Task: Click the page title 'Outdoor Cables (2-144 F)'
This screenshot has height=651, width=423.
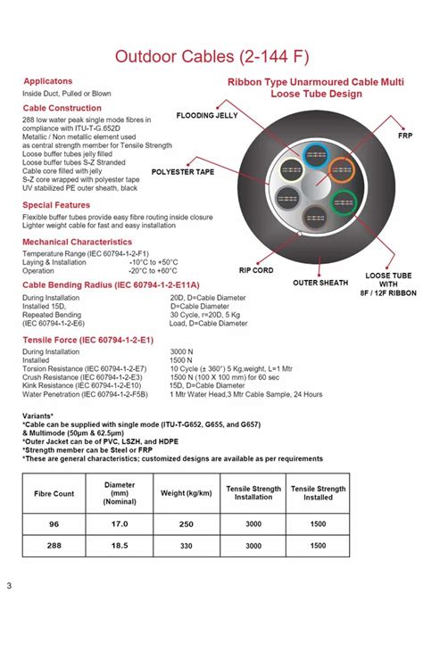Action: [211, 58]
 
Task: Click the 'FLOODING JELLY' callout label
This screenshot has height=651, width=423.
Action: [206, 116]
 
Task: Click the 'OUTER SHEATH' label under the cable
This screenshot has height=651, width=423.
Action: [320, 283]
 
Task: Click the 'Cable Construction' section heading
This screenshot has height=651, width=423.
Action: [62, 108]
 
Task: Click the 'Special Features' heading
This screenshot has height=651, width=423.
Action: [56, 205]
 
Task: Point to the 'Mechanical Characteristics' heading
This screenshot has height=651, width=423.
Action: [78, 242]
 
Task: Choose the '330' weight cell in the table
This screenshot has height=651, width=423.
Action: [187, 545]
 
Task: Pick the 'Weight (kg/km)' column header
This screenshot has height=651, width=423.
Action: [187, 492]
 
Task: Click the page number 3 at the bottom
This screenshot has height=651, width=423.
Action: [9, 586]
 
